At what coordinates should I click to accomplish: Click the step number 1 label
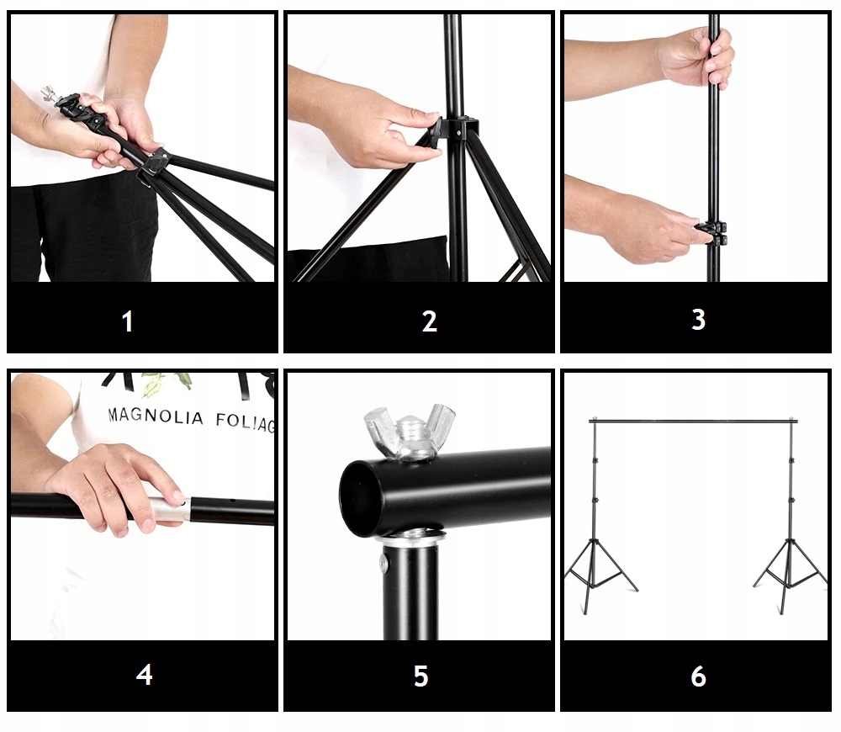coord(127,321)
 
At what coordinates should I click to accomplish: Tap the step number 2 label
coord(430,321)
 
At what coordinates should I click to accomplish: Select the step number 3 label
coord(698,320)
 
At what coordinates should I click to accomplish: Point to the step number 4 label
coord(145,675)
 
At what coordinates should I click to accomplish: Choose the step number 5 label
coord(421,676)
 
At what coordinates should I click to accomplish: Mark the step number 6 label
coord(698,676)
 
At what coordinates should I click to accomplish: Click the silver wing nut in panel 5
coord(410,432)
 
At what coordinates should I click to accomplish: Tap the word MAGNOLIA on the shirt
coord(156,416)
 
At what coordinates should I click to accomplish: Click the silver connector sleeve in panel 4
coord(168,509)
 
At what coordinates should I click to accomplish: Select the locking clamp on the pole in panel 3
coord(711,232)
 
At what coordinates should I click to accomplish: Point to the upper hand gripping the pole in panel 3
coord(696,57)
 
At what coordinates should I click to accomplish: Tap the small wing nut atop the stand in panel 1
coord(50,92)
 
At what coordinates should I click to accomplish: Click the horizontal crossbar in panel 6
coord(693,422)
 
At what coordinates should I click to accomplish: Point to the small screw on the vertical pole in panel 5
coord(383,561)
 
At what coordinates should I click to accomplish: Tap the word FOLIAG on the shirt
coord(246,422)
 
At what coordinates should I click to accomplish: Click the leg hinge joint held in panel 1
coord(156,162)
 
